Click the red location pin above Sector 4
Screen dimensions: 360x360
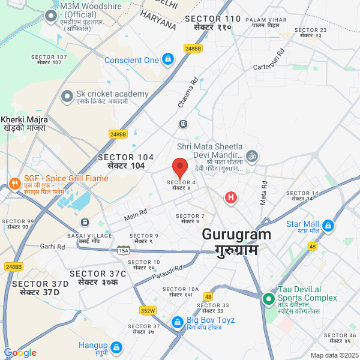point(180,167)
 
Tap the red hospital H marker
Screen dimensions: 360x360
point(230,197)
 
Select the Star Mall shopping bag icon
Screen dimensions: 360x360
point(328,226)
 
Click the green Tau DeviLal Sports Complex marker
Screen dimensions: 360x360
point(268,298)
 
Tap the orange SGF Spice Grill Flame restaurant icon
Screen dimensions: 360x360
point(13,182)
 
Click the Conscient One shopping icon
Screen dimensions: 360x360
point(168,59)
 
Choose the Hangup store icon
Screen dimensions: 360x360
point(116,347)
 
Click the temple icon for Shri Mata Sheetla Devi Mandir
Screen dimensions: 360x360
point(253,155)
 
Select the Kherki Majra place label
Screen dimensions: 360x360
point(24,124)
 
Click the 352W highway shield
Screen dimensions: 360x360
point(148,310)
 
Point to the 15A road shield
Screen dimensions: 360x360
point(124,250)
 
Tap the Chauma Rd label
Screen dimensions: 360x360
point(188,92)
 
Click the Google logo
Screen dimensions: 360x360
point(20,353)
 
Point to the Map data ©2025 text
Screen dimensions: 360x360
point(334,355)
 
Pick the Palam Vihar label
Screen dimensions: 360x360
point(267,23)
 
